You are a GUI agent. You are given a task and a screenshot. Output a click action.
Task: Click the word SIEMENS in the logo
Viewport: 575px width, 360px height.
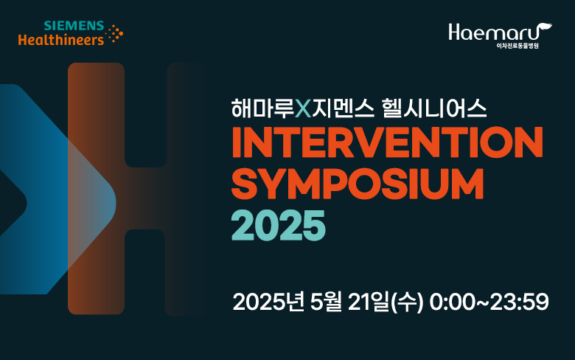coord(74,26)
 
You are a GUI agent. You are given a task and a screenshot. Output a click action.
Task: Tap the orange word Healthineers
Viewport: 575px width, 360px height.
coord(61,40)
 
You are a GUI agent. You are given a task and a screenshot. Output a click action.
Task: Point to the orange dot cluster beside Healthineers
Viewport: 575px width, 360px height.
coord(114,34)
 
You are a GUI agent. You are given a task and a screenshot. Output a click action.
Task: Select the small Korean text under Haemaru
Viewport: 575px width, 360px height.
coord(517,46)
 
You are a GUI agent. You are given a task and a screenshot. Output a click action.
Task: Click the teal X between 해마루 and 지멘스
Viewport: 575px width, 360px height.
coord(303,109)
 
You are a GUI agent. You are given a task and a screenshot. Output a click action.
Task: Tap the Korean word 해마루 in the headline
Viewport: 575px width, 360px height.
coord(263,108)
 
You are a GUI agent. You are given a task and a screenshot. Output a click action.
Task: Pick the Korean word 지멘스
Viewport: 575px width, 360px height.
coord(344,108)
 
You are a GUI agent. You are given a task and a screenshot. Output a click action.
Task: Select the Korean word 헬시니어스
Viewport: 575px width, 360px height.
coord(434,108)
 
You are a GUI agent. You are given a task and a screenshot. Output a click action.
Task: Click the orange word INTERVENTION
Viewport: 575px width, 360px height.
coord(387,142)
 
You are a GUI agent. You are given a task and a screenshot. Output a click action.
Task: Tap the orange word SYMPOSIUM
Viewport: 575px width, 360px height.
coord(358,184)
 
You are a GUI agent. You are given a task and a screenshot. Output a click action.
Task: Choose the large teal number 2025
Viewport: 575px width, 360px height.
coord(279,225)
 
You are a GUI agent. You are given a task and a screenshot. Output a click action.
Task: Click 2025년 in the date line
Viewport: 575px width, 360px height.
coord(268,302)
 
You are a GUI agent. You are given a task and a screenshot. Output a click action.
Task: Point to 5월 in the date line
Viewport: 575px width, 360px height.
coord(326,302)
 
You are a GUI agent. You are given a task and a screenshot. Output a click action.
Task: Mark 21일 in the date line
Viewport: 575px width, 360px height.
coord(368,302)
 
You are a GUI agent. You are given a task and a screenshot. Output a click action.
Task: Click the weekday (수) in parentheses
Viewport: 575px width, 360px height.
coord(408,302)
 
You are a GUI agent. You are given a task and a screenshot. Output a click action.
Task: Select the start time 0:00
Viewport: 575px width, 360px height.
coord(452,302)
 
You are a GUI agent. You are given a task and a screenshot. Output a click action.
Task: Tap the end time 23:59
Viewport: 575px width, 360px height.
coord(519,302)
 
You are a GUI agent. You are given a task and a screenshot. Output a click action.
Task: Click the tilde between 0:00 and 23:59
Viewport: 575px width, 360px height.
coord(482,302)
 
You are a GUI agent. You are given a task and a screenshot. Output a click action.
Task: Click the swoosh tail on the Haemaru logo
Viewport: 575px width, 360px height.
coord(546,28)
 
